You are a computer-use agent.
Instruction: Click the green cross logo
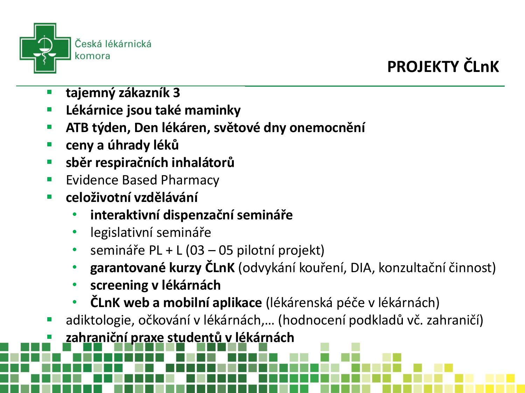click(x=45, y=48)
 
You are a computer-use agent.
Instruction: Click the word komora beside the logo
click(x=92, y=56)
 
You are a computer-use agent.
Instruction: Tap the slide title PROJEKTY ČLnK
click(x=443, y=67)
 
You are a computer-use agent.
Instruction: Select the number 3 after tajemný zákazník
click(x=176, y=93)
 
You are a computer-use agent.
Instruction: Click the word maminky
click(x=212, y=110)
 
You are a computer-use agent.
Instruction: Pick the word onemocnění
click(x=327, y=128)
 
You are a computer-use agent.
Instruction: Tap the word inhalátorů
click(x=203, y=162)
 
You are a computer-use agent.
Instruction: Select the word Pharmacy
click(x=190, y=181)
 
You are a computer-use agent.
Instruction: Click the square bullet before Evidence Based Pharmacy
click(x=49, y=179)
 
